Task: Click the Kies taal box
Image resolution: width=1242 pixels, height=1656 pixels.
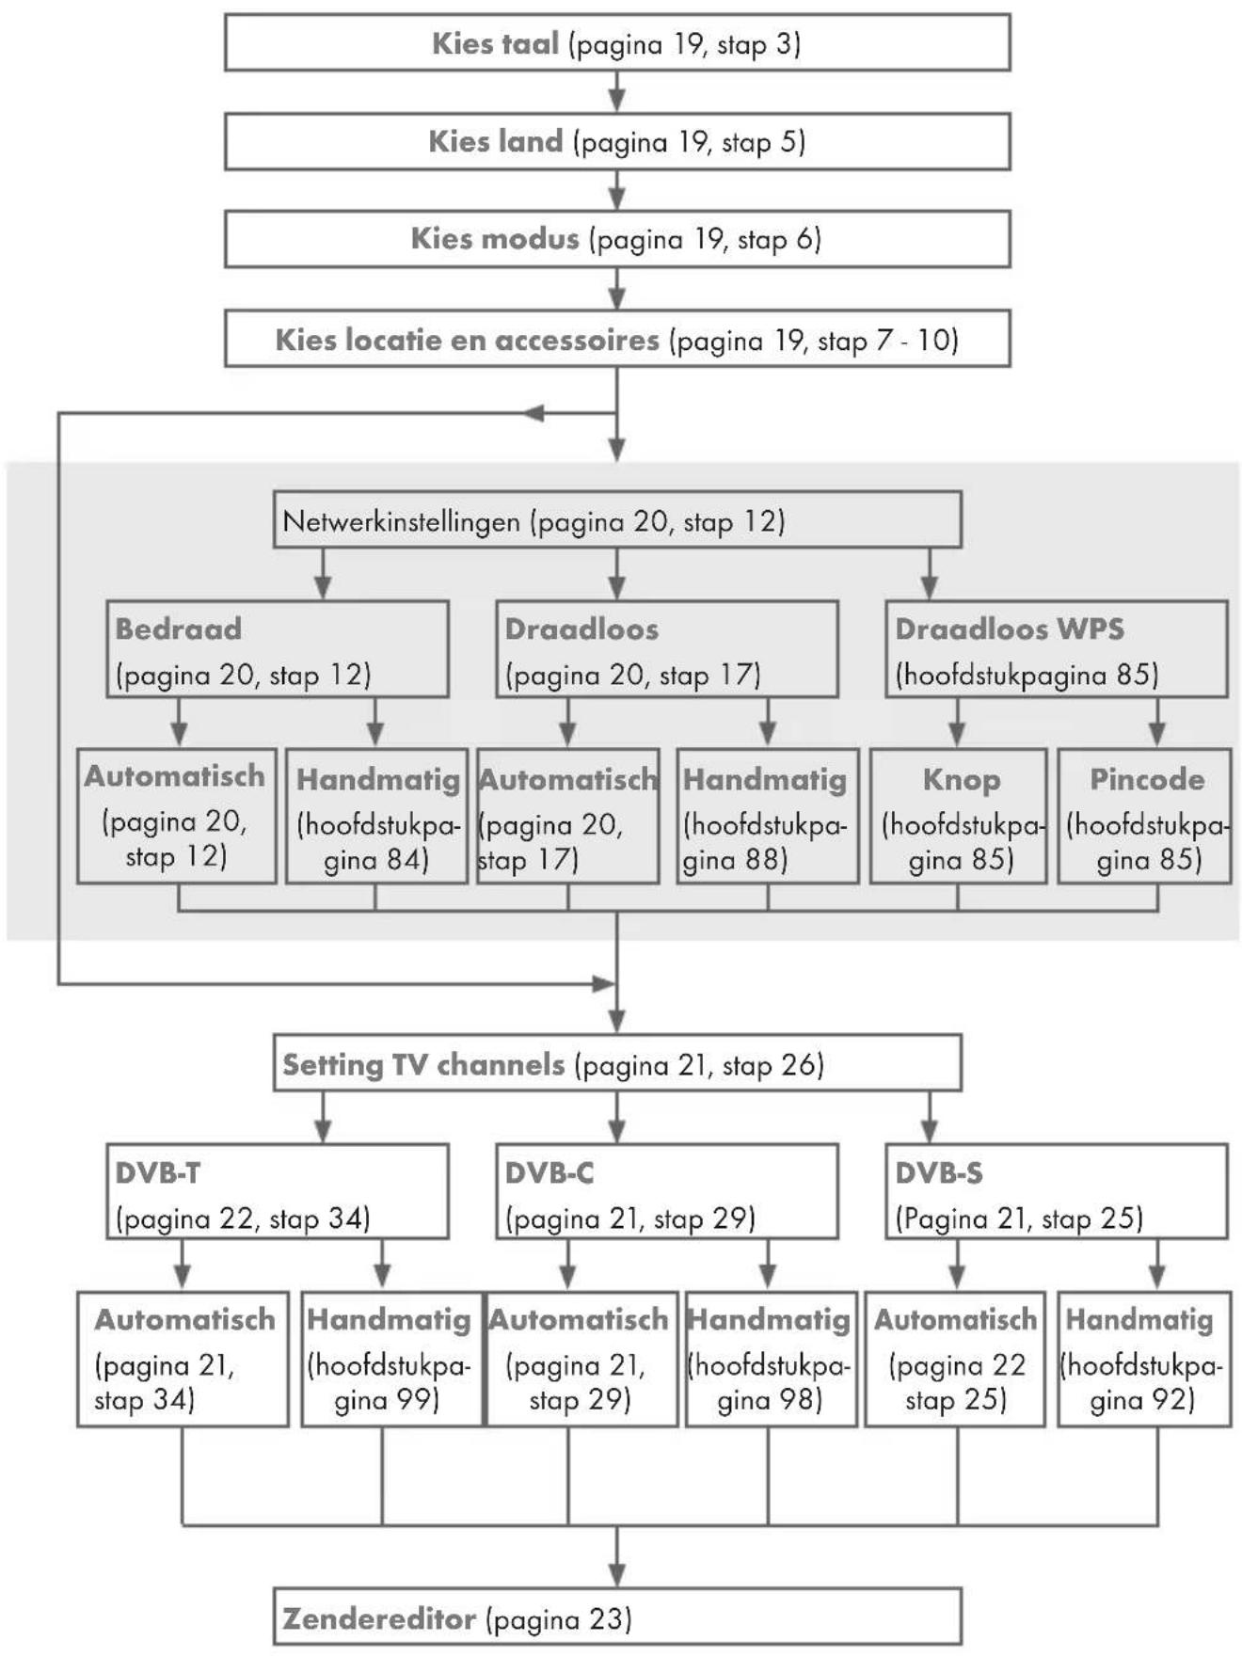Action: tap(617, 42)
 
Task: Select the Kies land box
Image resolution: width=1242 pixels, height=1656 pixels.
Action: tap(617, 141)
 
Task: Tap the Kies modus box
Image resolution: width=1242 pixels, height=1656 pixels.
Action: tap(617, 239)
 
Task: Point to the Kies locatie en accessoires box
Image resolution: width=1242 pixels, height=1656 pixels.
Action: tap(617, 339)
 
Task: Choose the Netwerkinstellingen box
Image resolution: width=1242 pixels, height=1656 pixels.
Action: tap(617, 519)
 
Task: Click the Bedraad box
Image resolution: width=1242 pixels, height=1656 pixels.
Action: tap(278, 649)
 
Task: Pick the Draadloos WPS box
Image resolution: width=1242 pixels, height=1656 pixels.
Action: tap(1057, 649)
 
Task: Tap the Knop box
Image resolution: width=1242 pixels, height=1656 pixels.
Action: tap(959, 816)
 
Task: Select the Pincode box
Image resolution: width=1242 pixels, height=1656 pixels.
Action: tap(1145, 816)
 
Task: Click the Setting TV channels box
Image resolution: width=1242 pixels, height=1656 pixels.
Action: tap(617, 1063)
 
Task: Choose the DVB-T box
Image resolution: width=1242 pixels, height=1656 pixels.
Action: tap(278, 1192)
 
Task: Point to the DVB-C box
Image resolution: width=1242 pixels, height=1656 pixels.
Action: tap(667, 1192)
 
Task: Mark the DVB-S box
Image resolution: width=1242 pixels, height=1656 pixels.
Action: tap(1057, 1192)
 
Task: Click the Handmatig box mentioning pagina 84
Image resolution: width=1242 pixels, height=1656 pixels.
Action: tap(377, 816)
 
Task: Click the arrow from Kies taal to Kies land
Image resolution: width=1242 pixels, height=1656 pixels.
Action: tap(617, 92)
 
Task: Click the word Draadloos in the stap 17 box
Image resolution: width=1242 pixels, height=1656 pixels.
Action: tap(581, 629)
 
